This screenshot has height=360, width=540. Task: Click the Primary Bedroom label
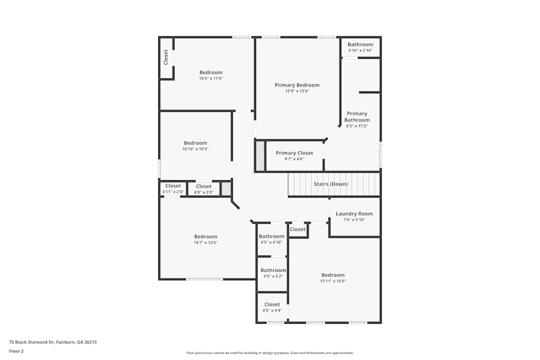pyautogui.click(x=297, y=85)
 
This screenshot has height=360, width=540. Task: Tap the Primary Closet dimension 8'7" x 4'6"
pyautogui.click(x=294, y=159)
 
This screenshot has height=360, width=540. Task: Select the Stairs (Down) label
pyautogui.click(x=330, y=184)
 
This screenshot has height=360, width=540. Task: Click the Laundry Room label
pyautogui.click(x=354, y=214)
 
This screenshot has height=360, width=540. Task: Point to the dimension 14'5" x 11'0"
pyautogui.click(x=211, y=78)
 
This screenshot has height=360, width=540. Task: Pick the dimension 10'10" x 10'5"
pyautogui.click(x=195, y=149)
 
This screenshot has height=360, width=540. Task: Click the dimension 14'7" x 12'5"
pyautogui.click(x=206, y=243)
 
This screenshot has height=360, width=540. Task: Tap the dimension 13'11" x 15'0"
pyautogui.click(x=333, y=281)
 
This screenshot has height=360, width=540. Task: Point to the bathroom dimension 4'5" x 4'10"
pyautogui.click(x=272, y=242)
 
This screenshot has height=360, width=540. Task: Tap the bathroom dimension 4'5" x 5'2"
pyautogui.click(x=273, y=276)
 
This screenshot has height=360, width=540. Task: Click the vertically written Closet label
pyautogui.click(x=166, y=57)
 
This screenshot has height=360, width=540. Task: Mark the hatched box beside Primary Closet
pyautogui.click(x=260, y=156)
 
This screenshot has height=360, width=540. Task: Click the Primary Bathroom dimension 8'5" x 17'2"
pyautogui.click(x=357, y=126)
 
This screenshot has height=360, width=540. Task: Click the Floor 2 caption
pyautogui.click(x=16, y=351)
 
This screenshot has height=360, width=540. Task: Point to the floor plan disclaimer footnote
pyautogui.click(x=269, y=353)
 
